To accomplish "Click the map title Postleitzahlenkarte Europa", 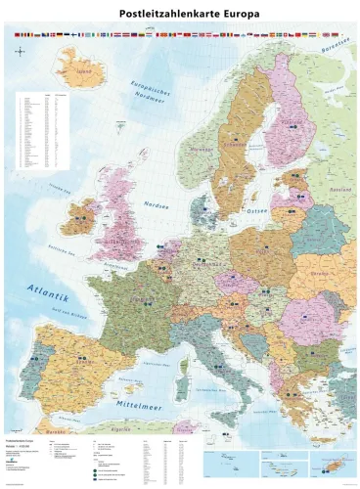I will point(180,15).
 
